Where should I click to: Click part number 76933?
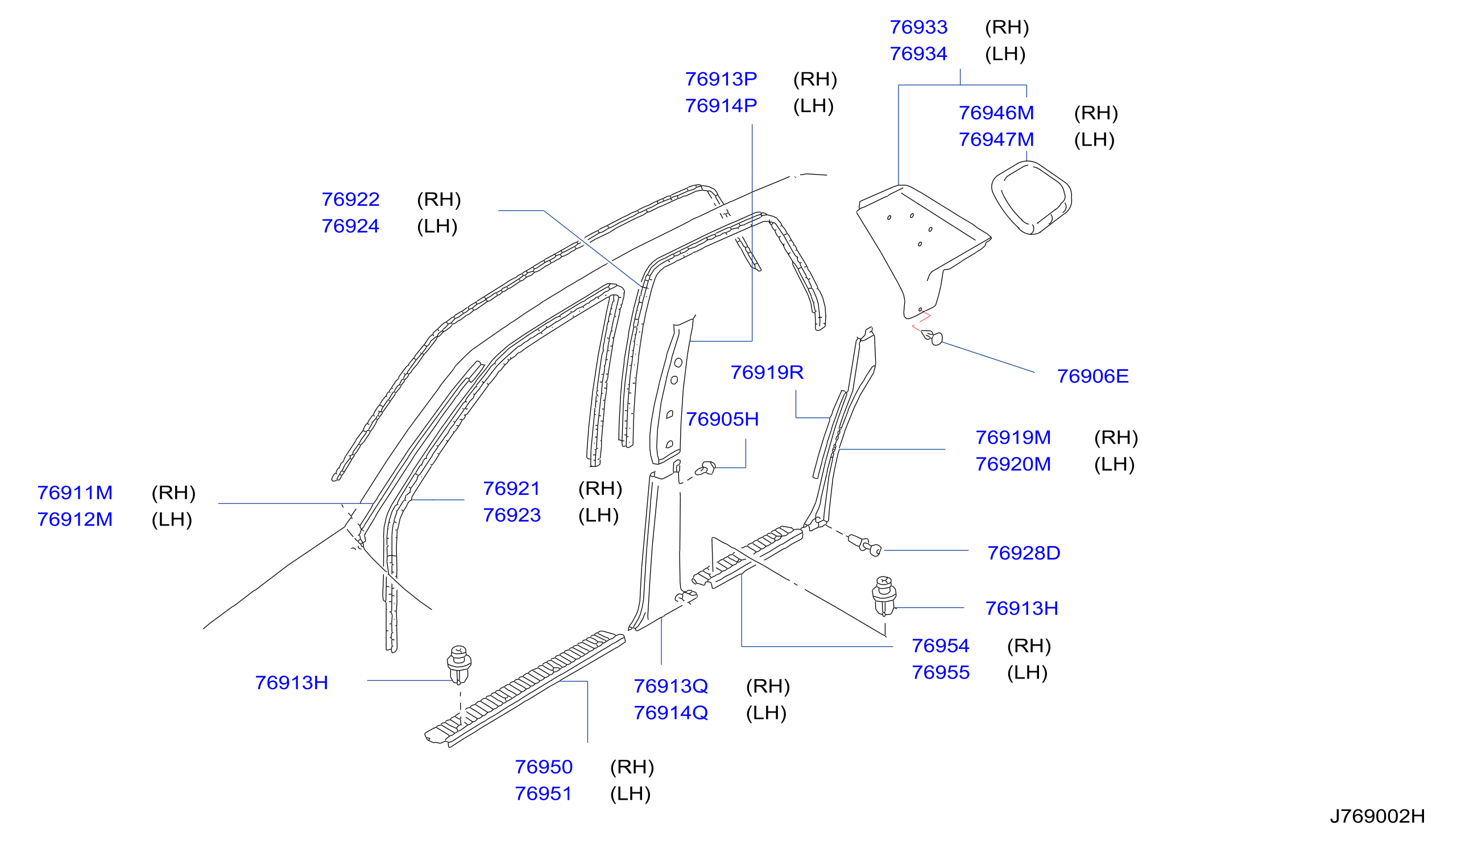coord(918,27)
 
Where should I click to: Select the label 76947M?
coord(996,140)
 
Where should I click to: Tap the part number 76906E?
coord(1092,376)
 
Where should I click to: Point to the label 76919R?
coord(767,372)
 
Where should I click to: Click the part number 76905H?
coord(722,419)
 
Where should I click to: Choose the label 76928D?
coord(1024,553)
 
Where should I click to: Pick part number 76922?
coord(351,200)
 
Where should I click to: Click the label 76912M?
coord(74,519)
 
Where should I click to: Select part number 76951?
coord(543,793)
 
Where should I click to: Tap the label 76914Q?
coord(670,713)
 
